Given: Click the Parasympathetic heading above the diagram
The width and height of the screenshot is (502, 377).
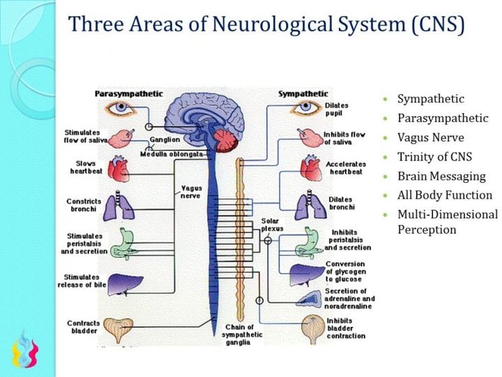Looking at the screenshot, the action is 129,94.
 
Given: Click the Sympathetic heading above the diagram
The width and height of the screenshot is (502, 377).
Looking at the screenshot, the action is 303,94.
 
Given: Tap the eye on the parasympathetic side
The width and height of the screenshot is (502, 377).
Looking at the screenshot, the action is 121,108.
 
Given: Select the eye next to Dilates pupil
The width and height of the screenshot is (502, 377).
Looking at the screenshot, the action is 305,107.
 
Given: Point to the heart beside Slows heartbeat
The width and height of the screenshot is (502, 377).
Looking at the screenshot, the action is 119,168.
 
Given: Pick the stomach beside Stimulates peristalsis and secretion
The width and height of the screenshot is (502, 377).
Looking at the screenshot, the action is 123,244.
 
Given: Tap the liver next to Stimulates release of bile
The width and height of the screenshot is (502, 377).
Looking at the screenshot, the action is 125,285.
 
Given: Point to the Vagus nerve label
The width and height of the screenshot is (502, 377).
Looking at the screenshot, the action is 192,192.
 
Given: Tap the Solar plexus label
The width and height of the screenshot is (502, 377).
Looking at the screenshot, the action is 272,225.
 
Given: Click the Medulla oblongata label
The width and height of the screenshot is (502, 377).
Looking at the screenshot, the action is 172,154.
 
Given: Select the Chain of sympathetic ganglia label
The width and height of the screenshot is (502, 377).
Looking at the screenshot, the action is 242,334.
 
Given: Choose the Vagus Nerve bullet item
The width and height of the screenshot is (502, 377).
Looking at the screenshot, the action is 431,138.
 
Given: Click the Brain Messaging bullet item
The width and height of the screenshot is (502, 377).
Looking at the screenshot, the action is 441,177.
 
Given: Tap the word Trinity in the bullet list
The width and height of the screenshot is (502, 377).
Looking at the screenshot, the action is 415,157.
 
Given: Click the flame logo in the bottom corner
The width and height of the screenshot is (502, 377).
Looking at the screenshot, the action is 25,350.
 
